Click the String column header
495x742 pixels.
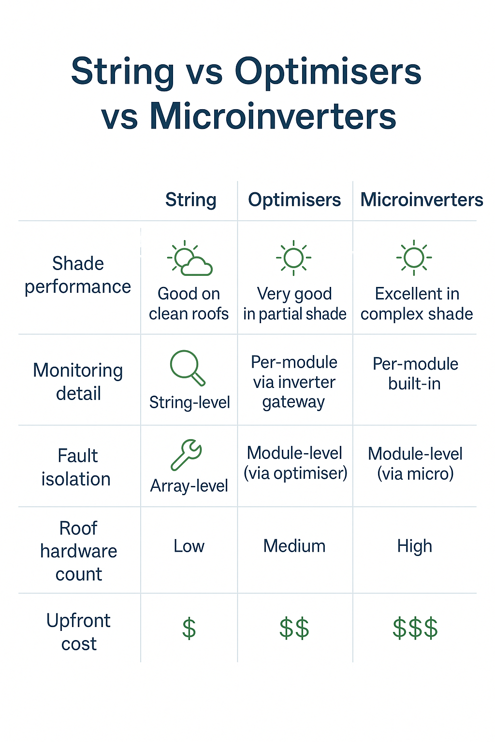point(190,200)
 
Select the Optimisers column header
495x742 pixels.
point(294,200)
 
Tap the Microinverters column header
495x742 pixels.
point(422,200)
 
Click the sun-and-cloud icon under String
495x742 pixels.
point(189,259)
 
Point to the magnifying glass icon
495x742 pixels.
point(187,368)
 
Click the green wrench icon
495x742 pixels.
point(186,455)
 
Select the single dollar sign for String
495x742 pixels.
point(189,628)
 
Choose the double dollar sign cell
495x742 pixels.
point(294,628)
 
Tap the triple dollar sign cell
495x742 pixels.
point(415,628)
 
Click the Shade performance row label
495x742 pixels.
point(78,275)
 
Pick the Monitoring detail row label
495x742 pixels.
point(78,382)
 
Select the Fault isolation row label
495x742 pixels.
point(76,467)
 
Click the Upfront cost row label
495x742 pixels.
point(78,632)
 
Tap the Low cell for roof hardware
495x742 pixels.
point(189,546)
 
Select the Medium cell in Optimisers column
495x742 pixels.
point(294,546)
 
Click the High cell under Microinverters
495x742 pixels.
point(414,546)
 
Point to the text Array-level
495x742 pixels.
point(189,486)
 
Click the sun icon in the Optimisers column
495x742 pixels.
point(293,257)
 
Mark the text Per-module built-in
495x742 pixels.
point(415,373)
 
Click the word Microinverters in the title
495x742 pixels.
point(273,116)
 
